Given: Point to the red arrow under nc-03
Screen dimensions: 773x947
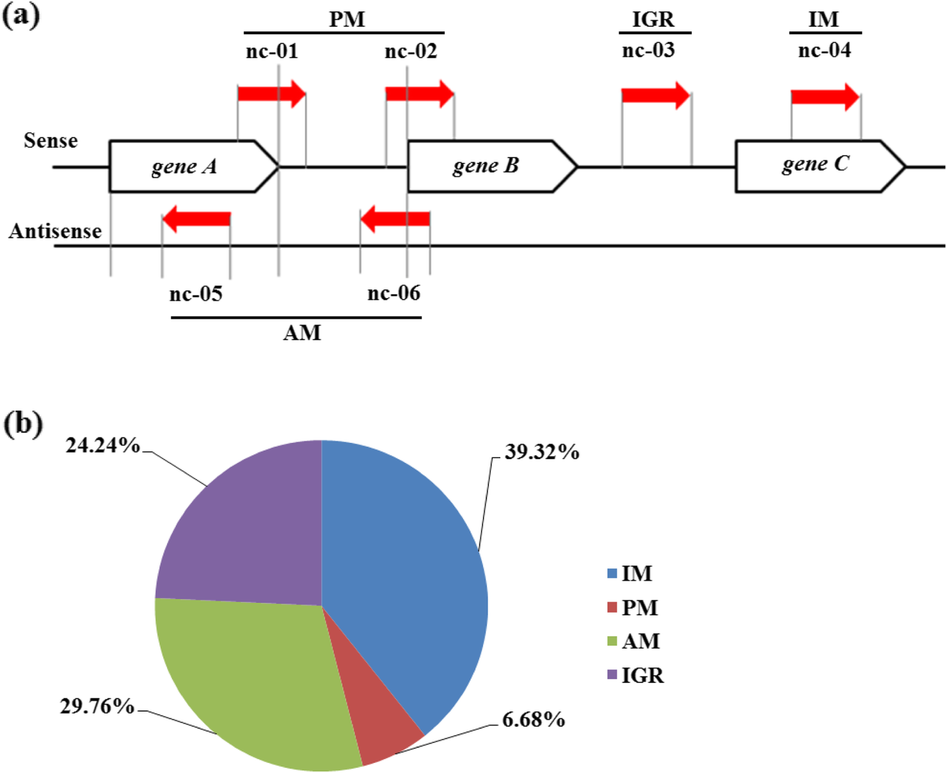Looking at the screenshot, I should click(x=655, y=96).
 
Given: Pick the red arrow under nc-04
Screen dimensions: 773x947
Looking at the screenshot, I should click(x=825, y=97).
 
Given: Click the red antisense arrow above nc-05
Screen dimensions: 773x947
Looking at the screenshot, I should click(x=196, y=218).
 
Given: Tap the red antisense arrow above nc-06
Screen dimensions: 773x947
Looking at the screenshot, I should click(x=395, y=218).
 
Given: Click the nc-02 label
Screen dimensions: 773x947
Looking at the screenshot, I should click(x=411, y=51).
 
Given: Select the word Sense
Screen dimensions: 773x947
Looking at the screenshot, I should click(x=51, y=141).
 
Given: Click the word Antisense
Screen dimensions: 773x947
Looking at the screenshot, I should click(x=55, y=231).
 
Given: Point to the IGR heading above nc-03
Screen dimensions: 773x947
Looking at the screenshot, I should click(x=653, y=20).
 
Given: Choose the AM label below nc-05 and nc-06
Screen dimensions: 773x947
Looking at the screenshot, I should click(x=302, y=333).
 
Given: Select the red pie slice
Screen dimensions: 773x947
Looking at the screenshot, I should click(x=384, y=715).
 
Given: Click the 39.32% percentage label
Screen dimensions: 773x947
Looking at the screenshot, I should click(x=542, y=452).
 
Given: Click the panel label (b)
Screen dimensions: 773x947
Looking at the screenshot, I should click(x=23, y=424).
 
